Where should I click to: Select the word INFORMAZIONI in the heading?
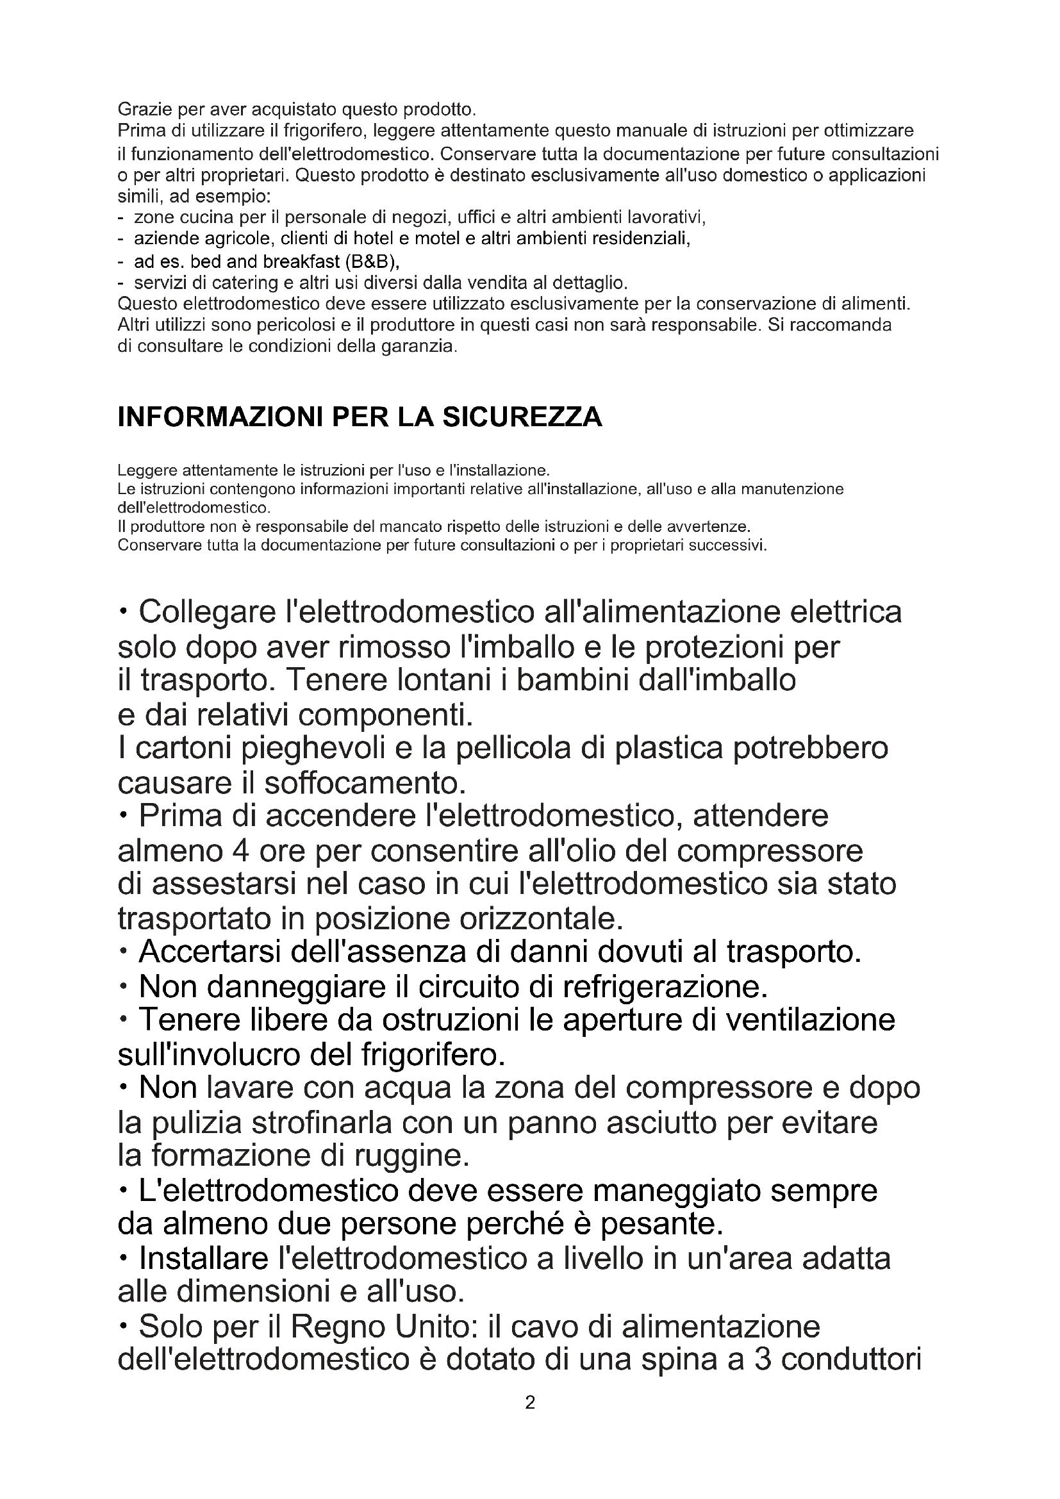(x=220, y=417)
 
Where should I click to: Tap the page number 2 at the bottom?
(x=530, y=1402)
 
